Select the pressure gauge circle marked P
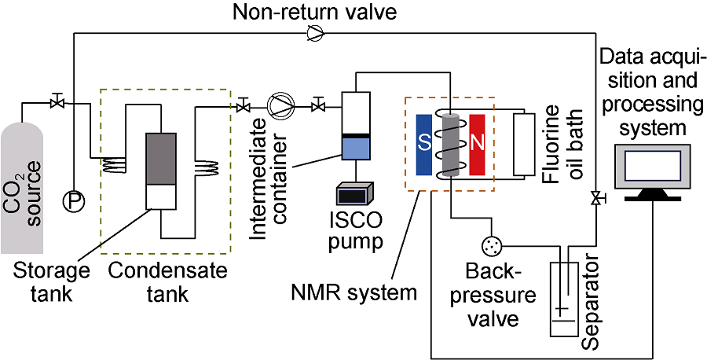click(73, 201)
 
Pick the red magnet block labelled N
click(477, 144)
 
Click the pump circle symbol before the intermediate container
click(280, 104)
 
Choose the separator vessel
click(564, 299)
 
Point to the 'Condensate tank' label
click(168, 283)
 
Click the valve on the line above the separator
click(596, 200)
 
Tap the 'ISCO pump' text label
click(357, 232)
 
